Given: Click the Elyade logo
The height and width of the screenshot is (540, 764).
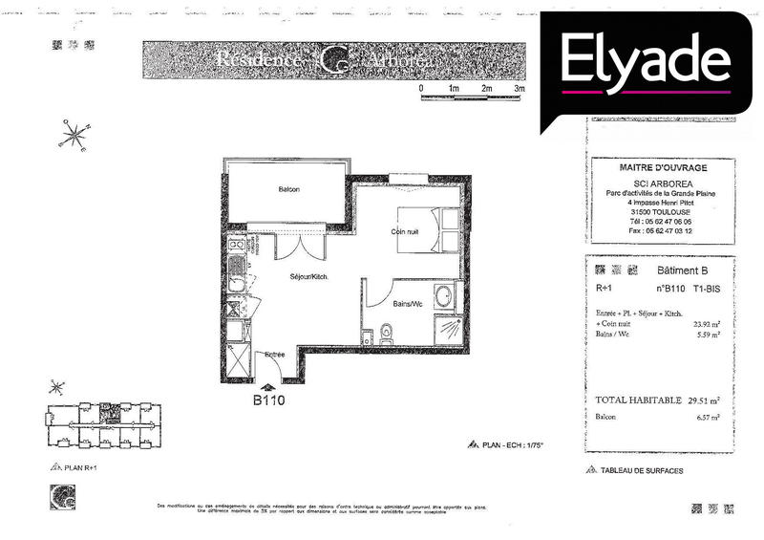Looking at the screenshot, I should (646, 63).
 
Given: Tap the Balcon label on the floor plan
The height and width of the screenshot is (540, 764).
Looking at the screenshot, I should (288, 189).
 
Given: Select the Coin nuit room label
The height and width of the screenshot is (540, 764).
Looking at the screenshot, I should (404, 232).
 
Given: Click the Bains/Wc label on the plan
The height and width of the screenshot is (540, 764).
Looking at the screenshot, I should (408, 304).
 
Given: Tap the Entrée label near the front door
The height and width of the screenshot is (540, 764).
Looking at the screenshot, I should (275, 356).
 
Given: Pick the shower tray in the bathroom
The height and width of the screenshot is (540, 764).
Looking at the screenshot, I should (447, 331).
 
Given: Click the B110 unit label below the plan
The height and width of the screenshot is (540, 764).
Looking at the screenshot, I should (269, 400).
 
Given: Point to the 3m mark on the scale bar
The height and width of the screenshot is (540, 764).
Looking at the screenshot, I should (519, 89).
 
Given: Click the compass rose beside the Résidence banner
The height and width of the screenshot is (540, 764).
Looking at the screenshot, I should (73, 135).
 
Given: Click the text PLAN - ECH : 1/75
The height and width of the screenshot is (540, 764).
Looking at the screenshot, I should (516, 444).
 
